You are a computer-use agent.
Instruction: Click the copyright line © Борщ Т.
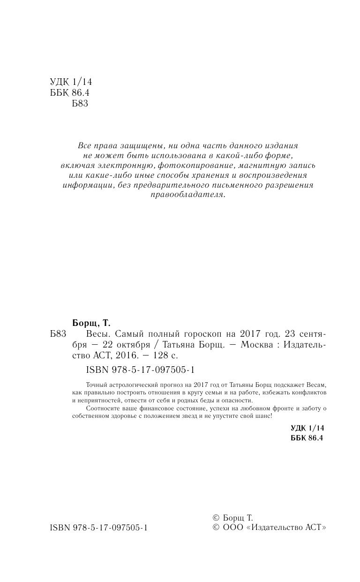pyautogui.click(x=232, y=518)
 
